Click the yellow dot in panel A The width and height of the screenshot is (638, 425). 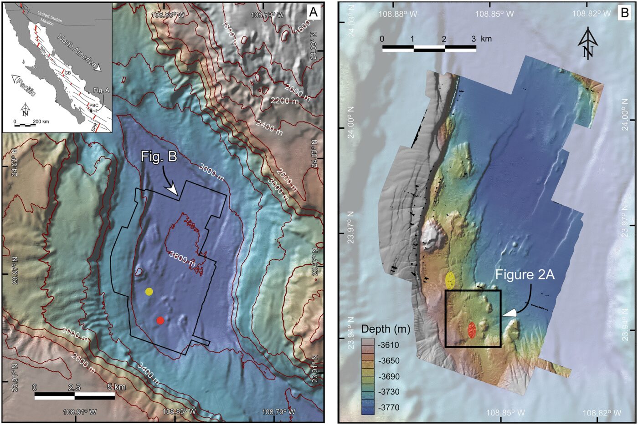(149, 292)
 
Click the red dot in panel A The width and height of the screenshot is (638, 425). (160, 320)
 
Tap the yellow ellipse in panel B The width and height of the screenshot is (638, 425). (450, 280)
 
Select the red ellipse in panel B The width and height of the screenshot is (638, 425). (472, 330)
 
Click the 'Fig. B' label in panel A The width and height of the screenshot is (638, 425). (159, 157)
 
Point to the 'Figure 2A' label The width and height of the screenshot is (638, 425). (525, 274)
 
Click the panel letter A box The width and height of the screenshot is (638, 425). (313, 12)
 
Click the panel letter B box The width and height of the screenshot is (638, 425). (623, 12)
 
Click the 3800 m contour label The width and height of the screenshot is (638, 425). (182, 258)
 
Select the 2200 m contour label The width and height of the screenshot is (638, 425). (285, 101)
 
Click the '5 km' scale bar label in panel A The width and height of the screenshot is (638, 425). (117, 387)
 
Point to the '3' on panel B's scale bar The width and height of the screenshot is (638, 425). (474, 39)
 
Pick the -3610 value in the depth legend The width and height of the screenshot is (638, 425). (388, 345)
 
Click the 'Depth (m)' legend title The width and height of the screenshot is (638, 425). (386, 329)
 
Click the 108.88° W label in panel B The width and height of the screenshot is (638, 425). (397, 14)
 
